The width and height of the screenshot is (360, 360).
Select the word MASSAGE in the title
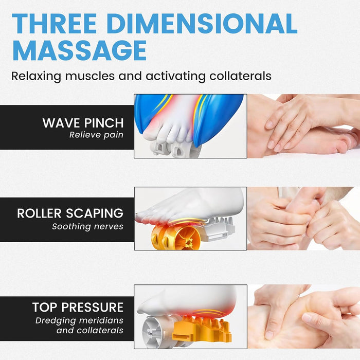(x=79, y=50)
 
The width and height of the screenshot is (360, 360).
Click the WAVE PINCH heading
(x=83, y=123)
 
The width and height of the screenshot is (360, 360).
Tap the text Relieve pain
(x=97, y=135)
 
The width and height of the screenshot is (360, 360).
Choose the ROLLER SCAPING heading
(x=70, y=213)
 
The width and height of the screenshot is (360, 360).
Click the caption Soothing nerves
(x=87, y=226)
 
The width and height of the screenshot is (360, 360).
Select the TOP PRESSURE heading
(x=78, y=308)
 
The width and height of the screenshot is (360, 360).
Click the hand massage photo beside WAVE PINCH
(x=303, y=126)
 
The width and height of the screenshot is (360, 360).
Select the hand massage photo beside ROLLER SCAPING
(x=303, y=218)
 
